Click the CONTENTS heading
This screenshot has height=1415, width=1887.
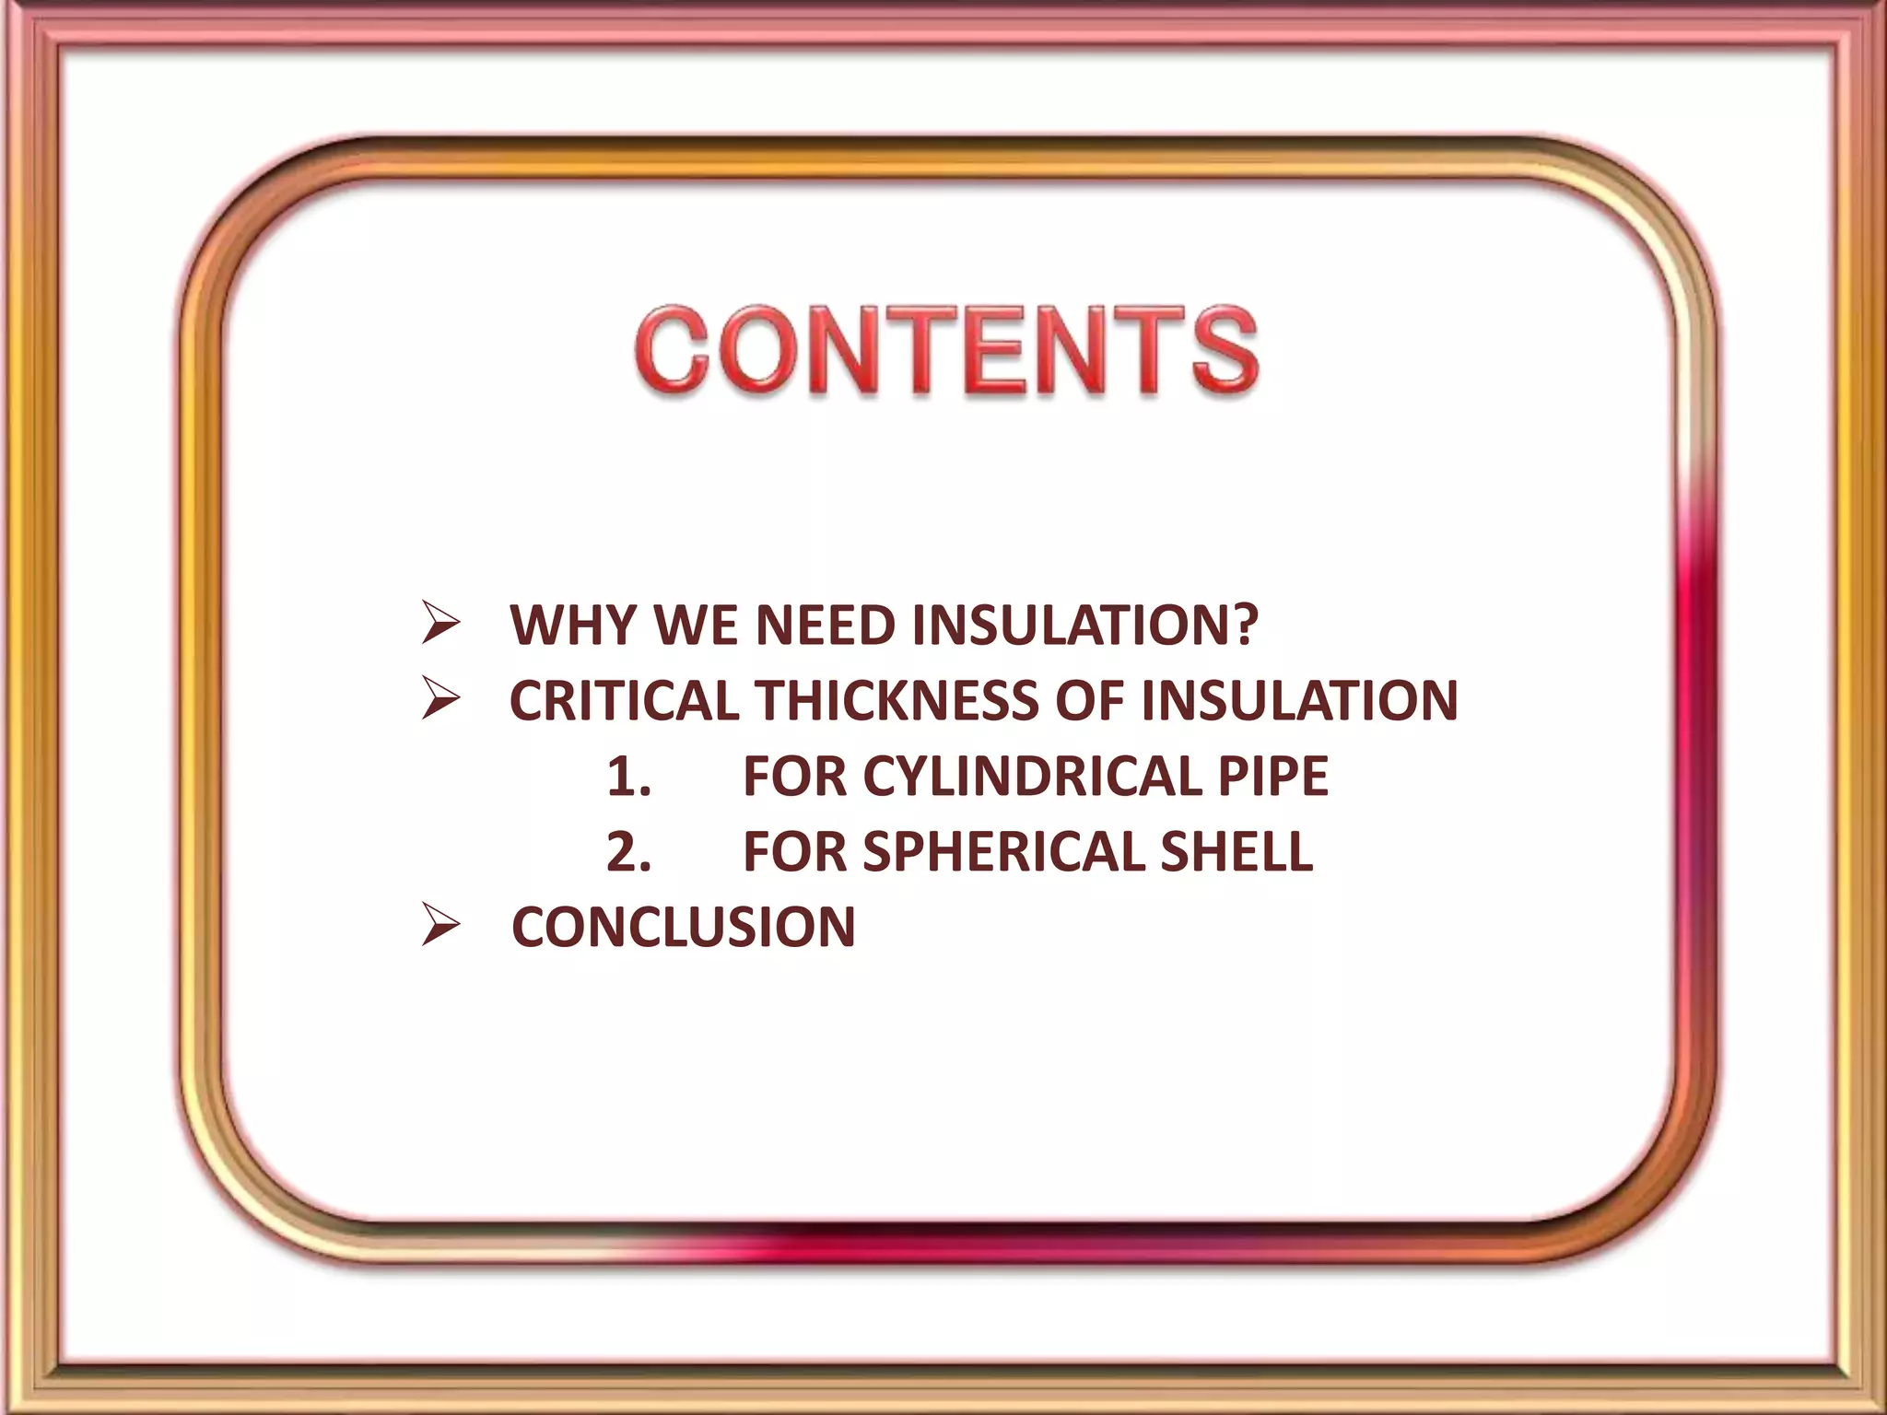[x=946, y=352]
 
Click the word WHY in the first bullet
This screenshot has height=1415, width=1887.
[x=573, y=626]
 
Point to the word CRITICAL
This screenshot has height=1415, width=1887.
[x=624, y=701]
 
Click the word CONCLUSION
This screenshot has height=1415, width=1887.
[x=683, y=927]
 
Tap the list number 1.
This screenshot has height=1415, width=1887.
[x=628, y=776]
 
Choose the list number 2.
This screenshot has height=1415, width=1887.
[x=628, y=851]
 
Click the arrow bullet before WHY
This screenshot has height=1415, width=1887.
[x=440, y=626]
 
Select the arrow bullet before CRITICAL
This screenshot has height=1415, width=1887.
[x=440, y=701]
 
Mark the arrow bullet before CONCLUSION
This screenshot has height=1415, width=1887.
[x=440, y=927]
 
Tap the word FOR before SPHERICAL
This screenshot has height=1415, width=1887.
[x=794, y=851]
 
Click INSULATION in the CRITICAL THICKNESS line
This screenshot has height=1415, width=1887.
[x=1299, y=701]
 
